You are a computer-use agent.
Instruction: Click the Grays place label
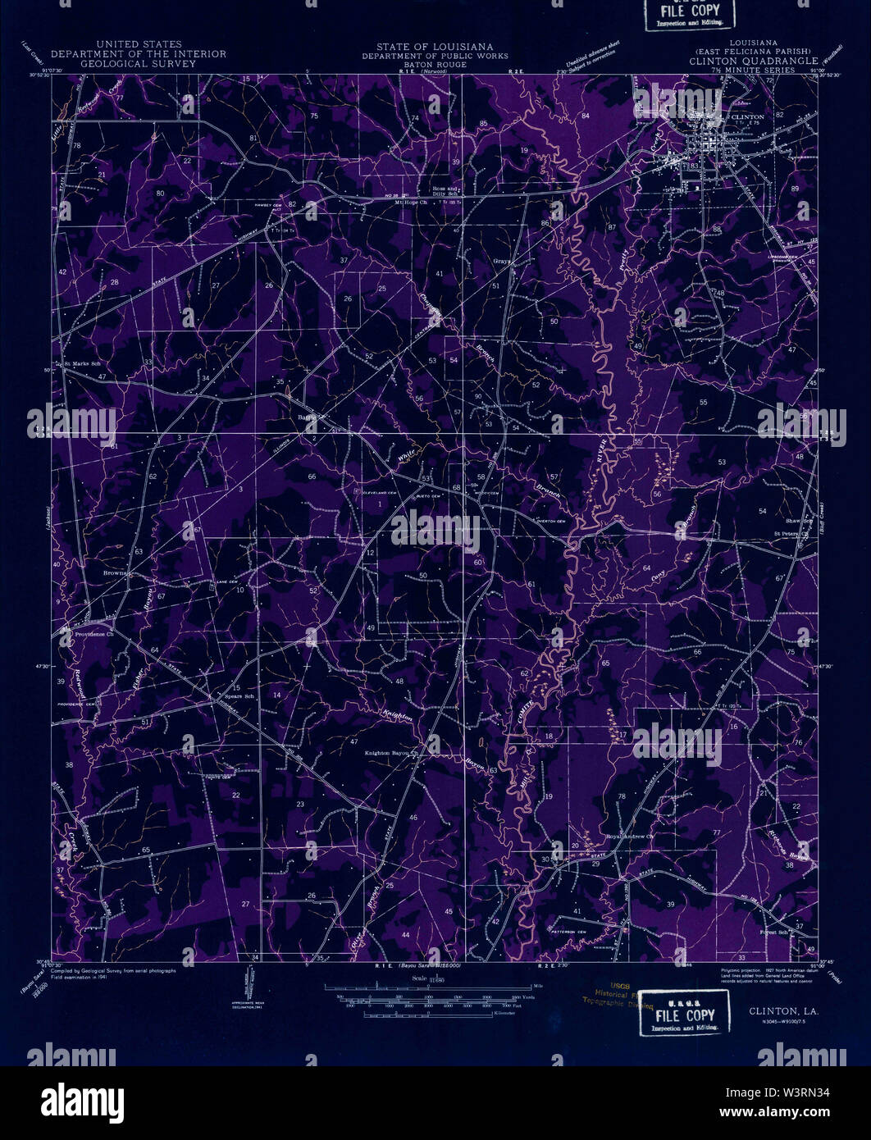click(502, 262)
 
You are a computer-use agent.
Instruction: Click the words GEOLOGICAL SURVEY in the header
click(139, 62)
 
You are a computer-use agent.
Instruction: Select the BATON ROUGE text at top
click(435, 64)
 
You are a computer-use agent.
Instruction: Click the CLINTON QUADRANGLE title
click(753, 62)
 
